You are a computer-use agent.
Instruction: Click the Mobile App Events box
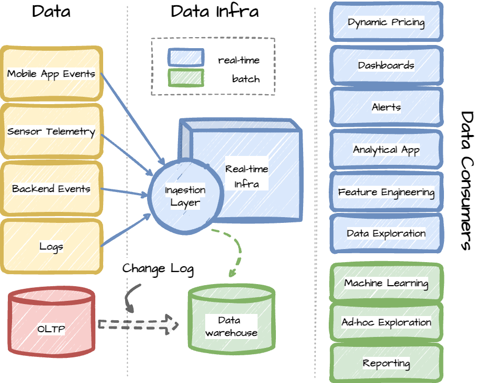pos(51,74)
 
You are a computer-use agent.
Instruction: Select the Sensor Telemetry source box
pos(51,131)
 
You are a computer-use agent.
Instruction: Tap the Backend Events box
pos(51,189)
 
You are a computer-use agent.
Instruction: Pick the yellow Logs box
pos(51,246)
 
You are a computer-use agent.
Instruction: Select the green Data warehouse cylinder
pos(231,326)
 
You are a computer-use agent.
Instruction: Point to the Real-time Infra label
pos(247,176)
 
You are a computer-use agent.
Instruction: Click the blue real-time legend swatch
pos(185,59)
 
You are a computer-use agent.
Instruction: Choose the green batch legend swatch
pos(185,78)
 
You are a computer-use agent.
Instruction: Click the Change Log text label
pos(158,269)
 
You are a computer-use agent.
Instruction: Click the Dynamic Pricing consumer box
pos(386,22)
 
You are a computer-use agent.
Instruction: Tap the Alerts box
pos(386,107)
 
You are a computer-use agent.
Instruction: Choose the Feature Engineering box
pos(386,192)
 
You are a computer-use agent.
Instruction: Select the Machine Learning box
pos(386,284)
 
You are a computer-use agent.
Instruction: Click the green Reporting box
pos(386,363)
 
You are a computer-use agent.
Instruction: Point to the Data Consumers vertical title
pos(467,181)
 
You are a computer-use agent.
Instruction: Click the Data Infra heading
pos(215,12)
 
